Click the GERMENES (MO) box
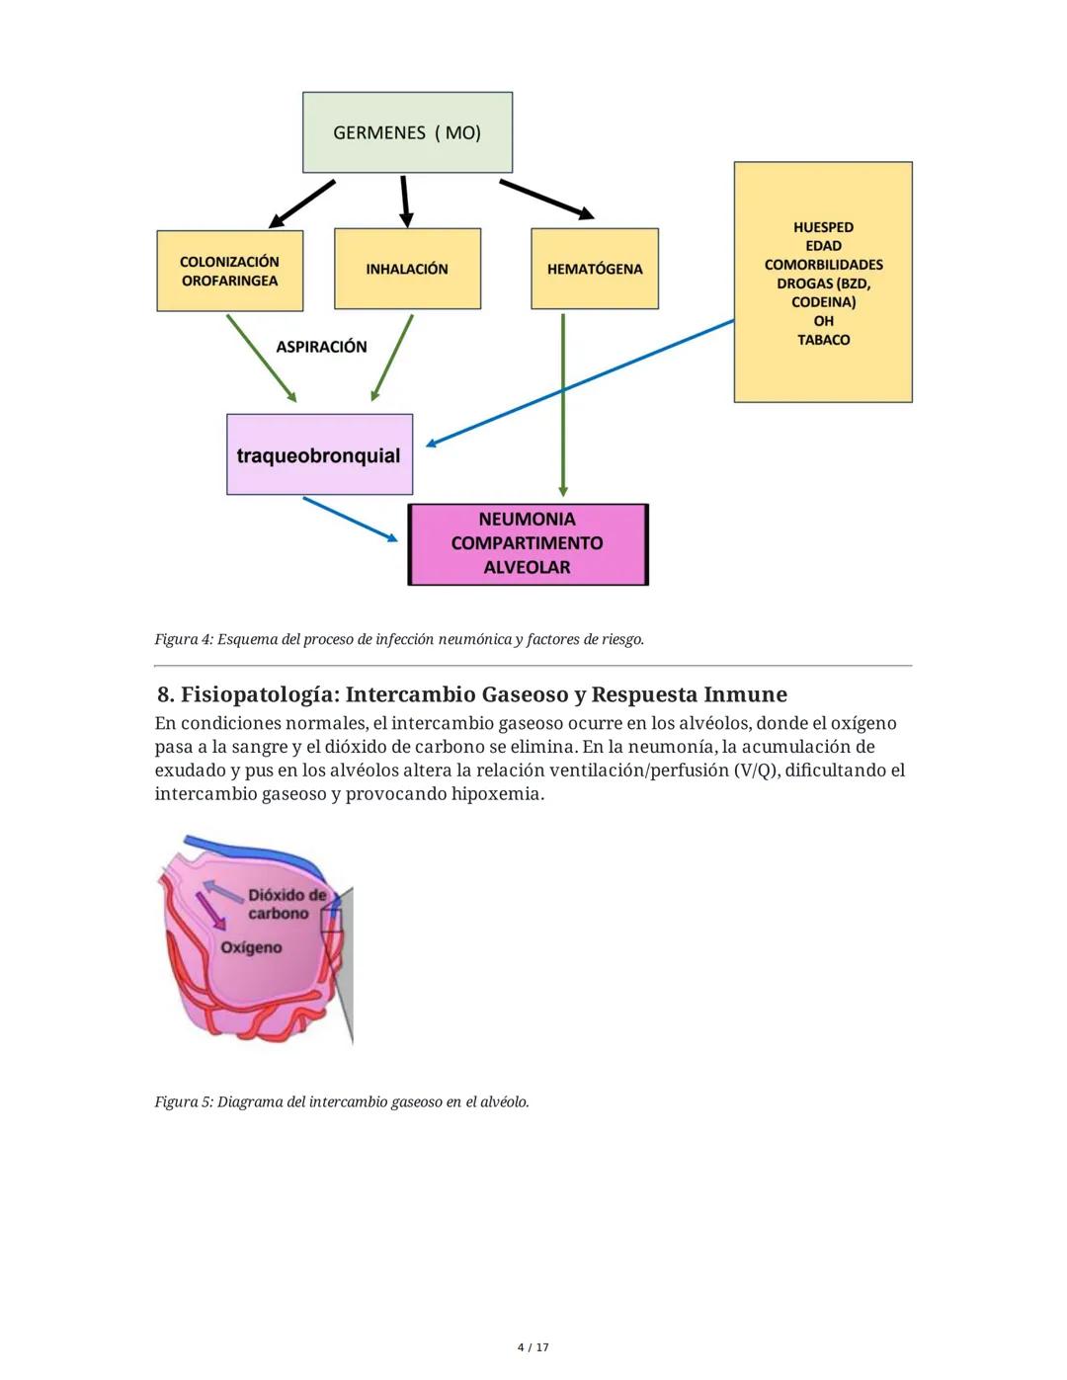tap(407, 132)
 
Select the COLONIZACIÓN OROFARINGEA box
tap(229, 271)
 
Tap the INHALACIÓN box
tap(407, 269)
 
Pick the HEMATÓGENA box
tap(594, 269)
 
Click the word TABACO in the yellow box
tap(823, 340)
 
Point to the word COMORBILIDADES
tap(823, 265)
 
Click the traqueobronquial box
tap(319, 455)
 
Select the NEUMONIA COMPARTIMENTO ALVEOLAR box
tap(528, 543)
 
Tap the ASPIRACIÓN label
tap(321, 347)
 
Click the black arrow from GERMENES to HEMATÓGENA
tap(545, 198)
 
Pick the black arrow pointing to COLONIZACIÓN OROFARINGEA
tap(302, 203)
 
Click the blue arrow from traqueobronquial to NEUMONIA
tap(350, 519)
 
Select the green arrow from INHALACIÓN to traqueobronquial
tap(392, 358)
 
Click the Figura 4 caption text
tap(399, 639)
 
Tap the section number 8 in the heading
tap(164, 694)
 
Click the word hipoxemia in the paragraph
tap(496, 794)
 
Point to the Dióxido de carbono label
tap(287, 904)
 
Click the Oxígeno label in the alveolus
tap(251, 947)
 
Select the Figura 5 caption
tap(342, 1101)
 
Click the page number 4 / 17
tap(533, 1347)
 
